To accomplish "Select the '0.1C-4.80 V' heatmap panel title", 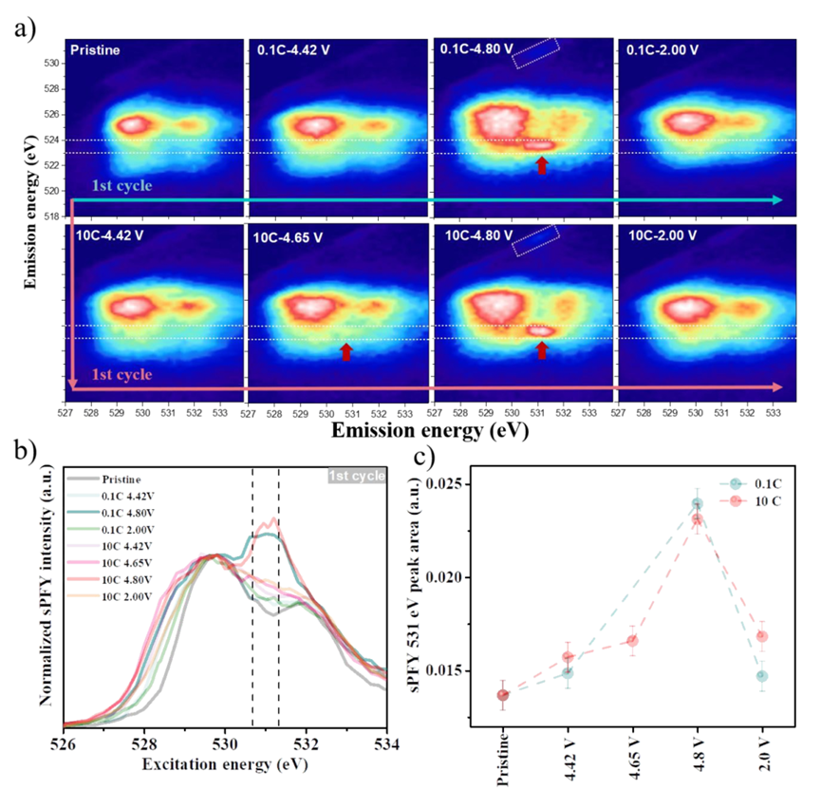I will click(x=474, y=47).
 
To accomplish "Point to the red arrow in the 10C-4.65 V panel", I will click(x=346, y=352).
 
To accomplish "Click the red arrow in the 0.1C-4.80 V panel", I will click(x=542, y=165).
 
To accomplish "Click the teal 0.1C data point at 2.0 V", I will click(x=761, y=676).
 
